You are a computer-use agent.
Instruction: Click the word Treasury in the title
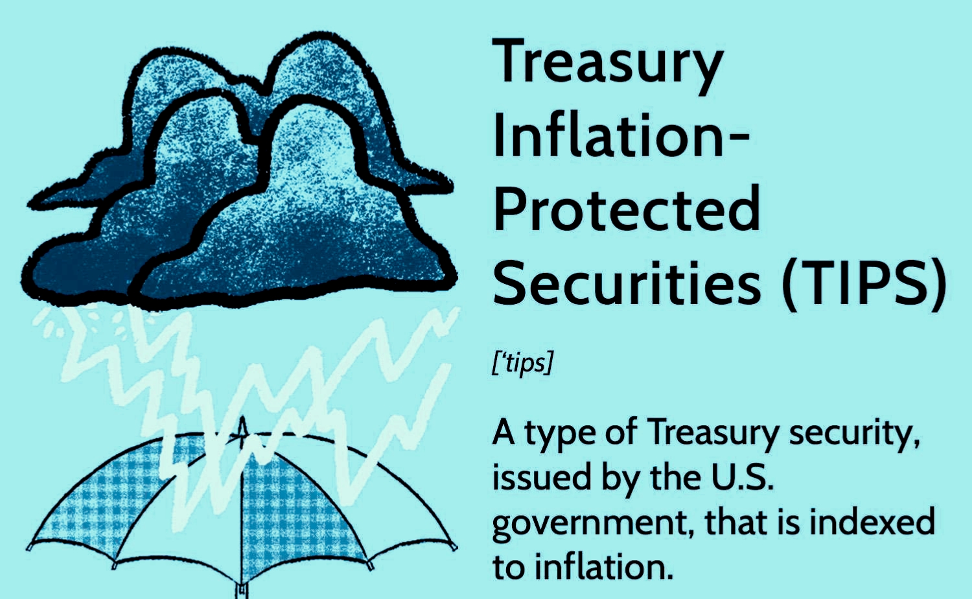pos(608,66)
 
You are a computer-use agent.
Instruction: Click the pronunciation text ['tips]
pos(523,363)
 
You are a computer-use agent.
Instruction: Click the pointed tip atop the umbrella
pos(242,419)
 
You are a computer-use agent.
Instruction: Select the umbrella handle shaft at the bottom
pos(242,591)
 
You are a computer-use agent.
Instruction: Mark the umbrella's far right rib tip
pos(454,546)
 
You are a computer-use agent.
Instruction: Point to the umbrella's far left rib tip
pos(30,548)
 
